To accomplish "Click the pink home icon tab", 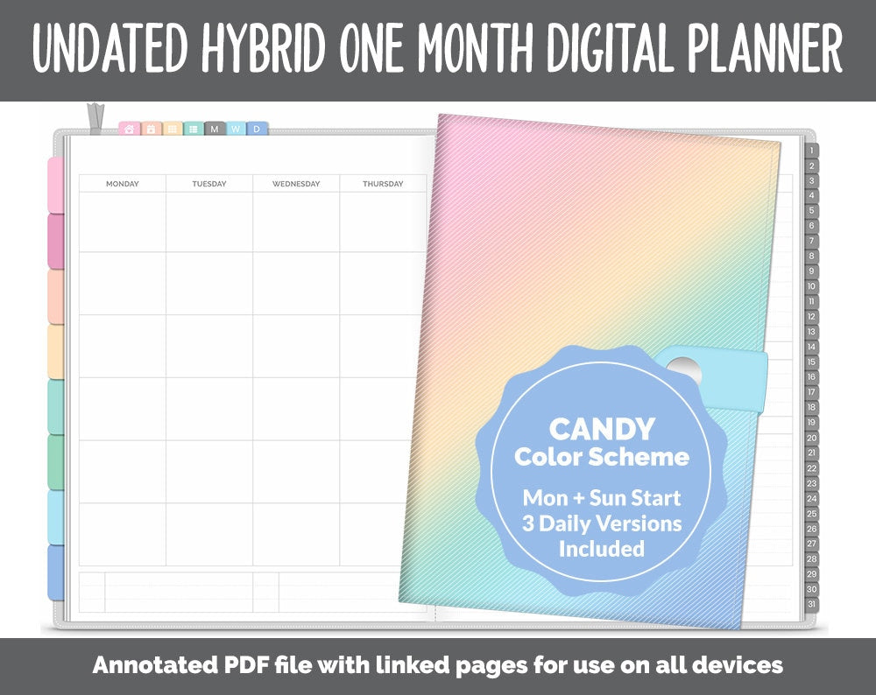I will pyautogui.click(x=130, y=130).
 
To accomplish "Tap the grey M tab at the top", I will pyautogui.click(x=215, y=130).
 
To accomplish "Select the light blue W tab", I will pyautogui.click(x=236, y=130).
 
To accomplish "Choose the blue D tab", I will pyautogui.click(x=257, y=130).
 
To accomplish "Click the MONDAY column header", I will pyautogui.click(x=123, y=184).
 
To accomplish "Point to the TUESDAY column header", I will pyautogui.click(x=209, y=184).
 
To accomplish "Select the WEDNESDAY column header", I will pyautogui.click(x=295, y=184).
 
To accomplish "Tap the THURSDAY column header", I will pyautogui.click(x=383, y=184).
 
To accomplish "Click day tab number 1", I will pyautogui.click(x=812, y=151).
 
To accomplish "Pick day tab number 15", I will pyautogui.click(x=812, y=362).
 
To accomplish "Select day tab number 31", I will pyautogui.click(x=812, y=604).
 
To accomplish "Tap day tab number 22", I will pyautogui.click(x=812, y=468).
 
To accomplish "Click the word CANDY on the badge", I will pyautogui.click(x=602, y=429).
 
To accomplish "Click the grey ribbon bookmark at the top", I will pyautogui.click(x=94, y=119).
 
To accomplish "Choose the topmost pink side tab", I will pyautogui.click(x=55, y=185).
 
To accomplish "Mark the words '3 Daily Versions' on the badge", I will pyautogui.click(x=602, y=523).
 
